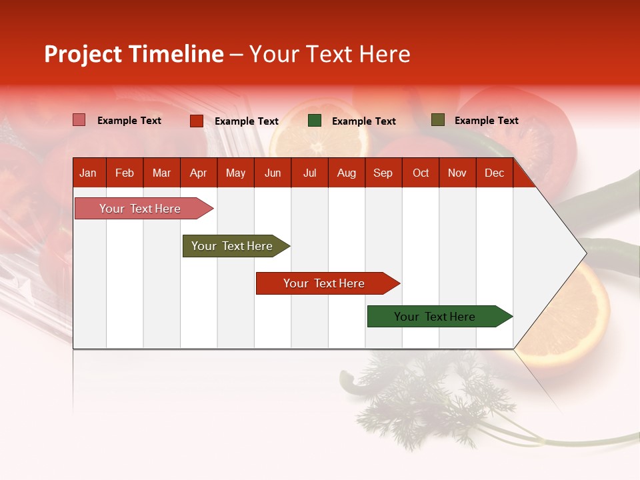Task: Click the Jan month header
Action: (88, 173)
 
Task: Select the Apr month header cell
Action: (198, 173)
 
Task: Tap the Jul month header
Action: (309, 173)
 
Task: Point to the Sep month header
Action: (383, 173)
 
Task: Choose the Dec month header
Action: (494, 173)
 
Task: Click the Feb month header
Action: (125, 173)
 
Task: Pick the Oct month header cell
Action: (421, 173)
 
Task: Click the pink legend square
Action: (79, 120)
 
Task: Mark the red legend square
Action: (197, 121)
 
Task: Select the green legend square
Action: (315, 121)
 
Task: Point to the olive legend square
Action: (437, 120)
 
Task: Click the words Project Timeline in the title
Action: (134, 54)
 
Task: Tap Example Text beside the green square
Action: (364, 121)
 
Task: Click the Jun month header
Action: (273, 173)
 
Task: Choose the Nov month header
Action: (457, 173)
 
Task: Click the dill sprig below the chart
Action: (433, 400)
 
